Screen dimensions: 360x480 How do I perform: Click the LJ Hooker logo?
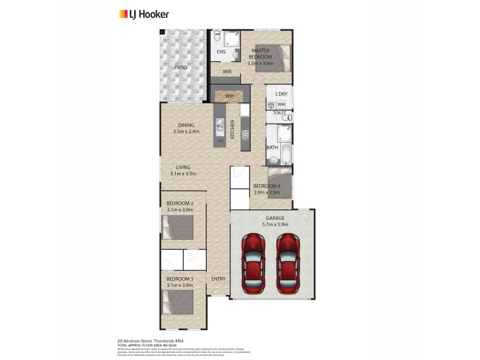point(143,14)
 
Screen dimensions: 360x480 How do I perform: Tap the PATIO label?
point(181,68)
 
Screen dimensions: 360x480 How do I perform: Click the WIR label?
point(227,72)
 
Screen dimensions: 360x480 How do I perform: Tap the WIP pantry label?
point(229,95)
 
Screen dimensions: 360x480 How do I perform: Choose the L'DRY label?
point(281,95)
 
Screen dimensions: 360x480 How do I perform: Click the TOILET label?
point(279,113)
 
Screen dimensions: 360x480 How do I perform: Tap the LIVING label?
point(183,167)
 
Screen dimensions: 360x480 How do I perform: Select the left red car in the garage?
point(253,263)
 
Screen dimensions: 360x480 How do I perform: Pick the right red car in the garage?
point(288,263)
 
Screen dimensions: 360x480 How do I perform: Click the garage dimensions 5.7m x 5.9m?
point(276,224)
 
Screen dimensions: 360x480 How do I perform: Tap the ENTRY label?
point(218,279)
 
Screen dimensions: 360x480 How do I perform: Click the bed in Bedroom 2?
point(178,228)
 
